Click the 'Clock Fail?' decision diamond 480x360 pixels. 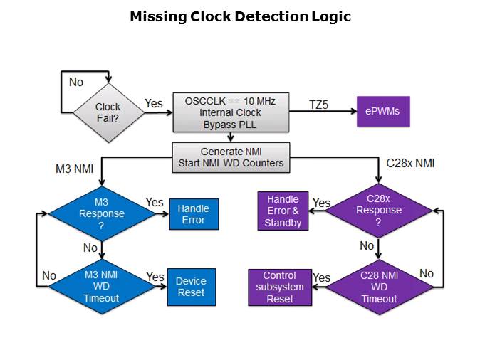coord(108,112)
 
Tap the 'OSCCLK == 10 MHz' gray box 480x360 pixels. coord(231,112)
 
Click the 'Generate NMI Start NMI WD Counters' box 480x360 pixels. coord(231,157)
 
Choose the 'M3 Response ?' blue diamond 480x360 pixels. coord(101,213)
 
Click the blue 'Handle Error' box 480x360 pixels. coord(193,214)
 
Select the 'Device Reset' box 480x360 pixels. coord(191,287)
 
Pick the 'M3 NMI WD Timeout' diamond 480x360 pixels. coord(101,287)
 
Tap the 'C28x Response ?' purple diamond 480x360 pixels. coord(378,211)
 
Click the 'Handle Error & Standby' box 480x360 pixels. coord(283,211)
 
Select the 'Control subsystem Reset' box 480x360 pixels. coord(279,287)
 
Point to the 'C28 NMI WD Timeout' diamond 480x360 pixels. coord(378,287)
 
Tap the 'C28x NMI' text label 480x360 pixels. coord(410,164)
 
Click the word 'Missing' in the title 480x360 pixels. coord(153,16)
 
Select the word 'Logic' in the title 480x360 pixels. coord(330,16)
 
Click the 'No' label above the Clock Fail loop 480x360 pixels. coord(76,83)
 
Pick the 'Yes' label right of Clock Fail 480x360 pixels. coord(154,104)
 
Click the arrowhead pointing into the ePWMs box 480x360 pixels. coord(352,112)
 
